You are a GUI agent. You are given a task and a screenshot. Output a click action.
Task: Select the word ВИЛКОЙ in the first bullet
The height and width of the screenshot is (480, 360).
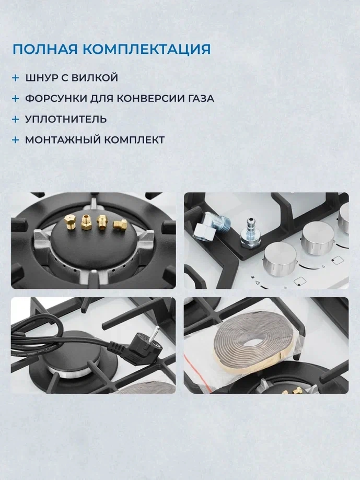[95, 78]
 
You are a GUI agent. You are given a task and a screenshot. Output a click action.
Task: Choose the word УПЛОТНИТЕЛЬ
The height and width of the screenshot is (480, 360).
[66, 119]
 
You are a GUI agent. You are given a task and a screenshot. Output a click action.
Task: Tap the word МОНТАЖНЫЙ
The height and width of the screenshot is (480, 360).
[63, 140]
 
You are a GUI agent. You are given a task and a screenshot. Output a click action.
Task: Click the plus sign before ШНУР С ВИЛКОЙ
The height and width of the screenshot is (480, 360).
[15, 78]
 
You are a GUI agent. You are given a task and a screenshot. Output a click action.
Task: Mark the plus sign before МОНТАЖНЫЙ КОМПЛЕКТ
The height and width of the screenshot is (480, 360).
[15, 140]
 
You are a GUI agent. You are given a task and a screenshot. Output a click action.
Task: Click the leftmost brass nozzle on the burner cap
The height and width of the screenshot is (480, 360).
[71, 221]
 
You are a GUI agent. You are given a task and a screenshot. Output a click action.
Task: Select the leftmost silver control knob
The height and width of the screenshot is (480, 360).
[280, 259]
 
